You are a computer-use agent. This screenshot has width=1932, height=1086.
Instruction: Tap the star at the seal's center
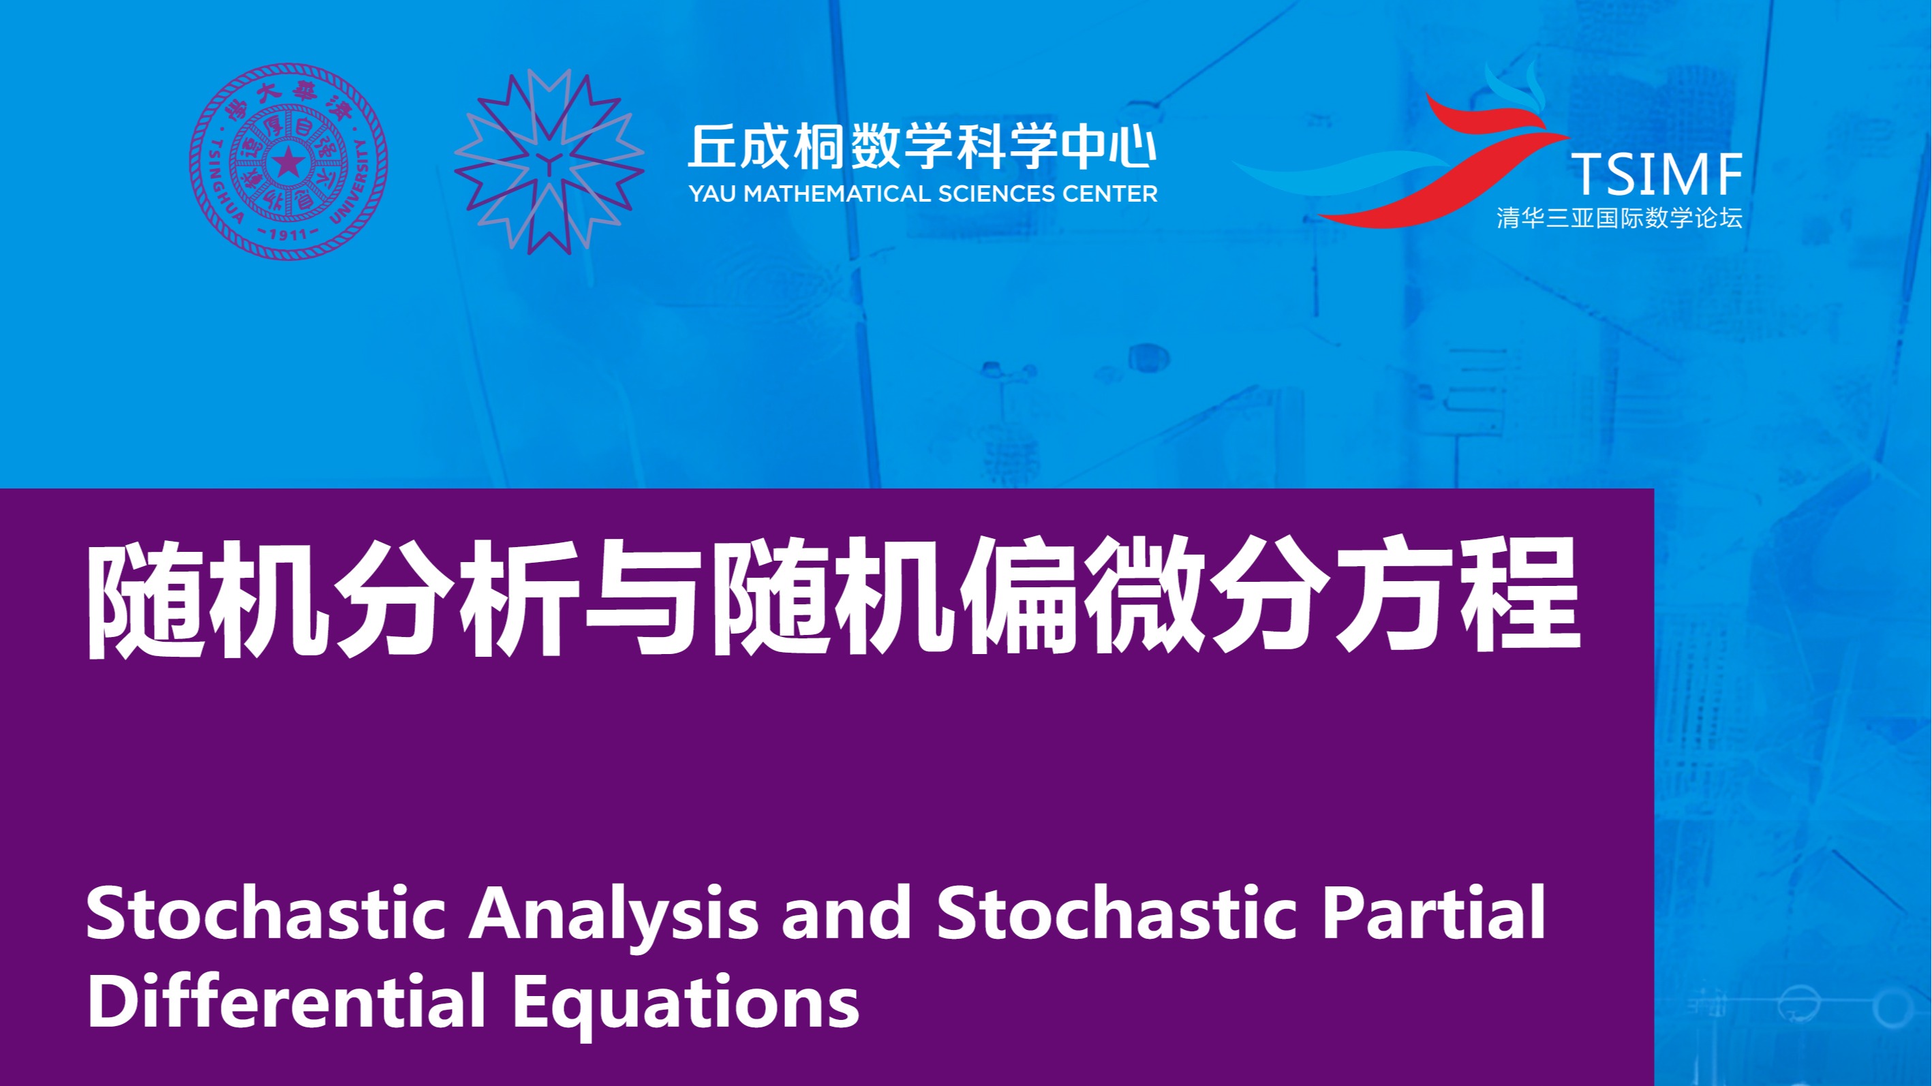(x=288, y=162)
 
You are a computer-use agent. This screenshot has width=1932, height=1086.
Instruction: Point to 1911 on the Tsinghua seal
(x=288, y=233)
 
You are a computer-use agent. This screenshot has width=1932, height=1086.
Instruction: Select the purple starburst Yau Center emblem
(x=549, y=161)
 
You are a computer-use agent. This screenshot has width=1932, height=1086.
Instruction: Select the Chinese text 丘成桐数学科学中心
(x=923, y=146)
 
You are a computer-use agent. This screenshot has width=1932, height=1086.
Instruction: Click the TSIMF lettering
(x=1657, y=174)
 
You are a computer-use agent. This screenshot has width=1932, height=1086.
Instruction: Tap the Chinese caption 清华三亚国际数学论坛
(x=1619, y=218)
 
